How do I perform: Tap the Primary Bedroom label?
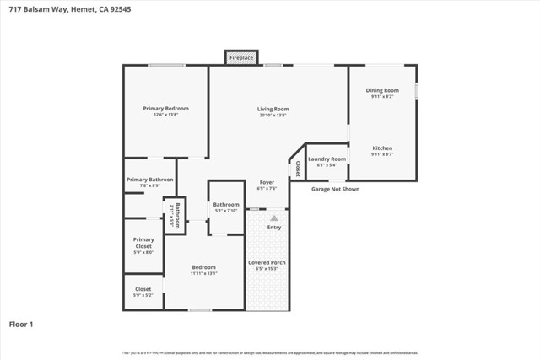point(165,109)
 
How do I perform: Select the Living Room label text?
point(273,109)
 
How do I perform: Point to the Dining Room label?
point(382,90)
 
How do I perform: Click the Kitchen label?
point(382,148)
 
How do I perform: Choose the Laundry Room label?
point(327,159)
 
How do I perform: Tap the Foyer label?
point(267,182)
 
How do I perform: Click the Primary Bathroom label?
point(150,180)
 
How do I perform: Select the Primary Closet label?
point(143,243)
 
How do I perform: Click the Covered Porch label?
point(267,262)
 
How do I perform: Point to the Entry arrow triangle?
point(274,218)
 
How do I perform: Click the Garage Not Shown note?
point(336,189)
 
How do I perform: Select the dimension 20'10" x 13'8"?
point(273,115)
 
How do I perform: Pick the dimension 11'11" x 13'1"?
point(203,273)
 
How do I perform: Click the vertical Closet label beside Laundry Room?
point(297,168)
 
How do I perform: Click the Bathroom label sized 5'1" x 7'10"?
point(226,205)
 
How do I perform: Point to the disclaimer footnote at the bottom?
point(270,353)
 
